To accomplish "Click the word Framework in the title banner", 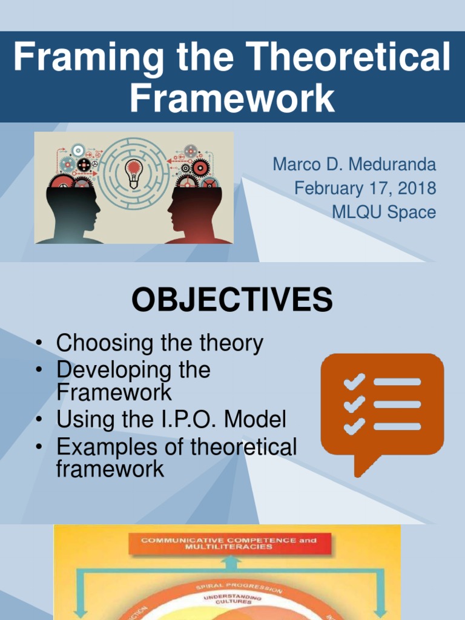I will coord(232,98).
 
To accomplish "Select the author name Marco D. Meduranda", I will coord(354,164).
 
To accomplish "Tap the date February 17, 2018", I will coord(365,188).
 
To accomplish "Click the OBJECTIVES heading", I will coord(232,300).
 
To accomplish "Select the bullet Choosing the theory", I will coord(159,343).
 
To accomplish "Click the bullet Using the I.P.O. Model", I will coord(171,419).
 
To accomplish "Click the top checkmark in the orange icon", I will coord(354,381).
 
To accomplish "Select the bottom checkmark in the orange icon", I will coord(354,426).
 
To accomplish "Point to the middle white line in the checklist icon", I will coord(397,404).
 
